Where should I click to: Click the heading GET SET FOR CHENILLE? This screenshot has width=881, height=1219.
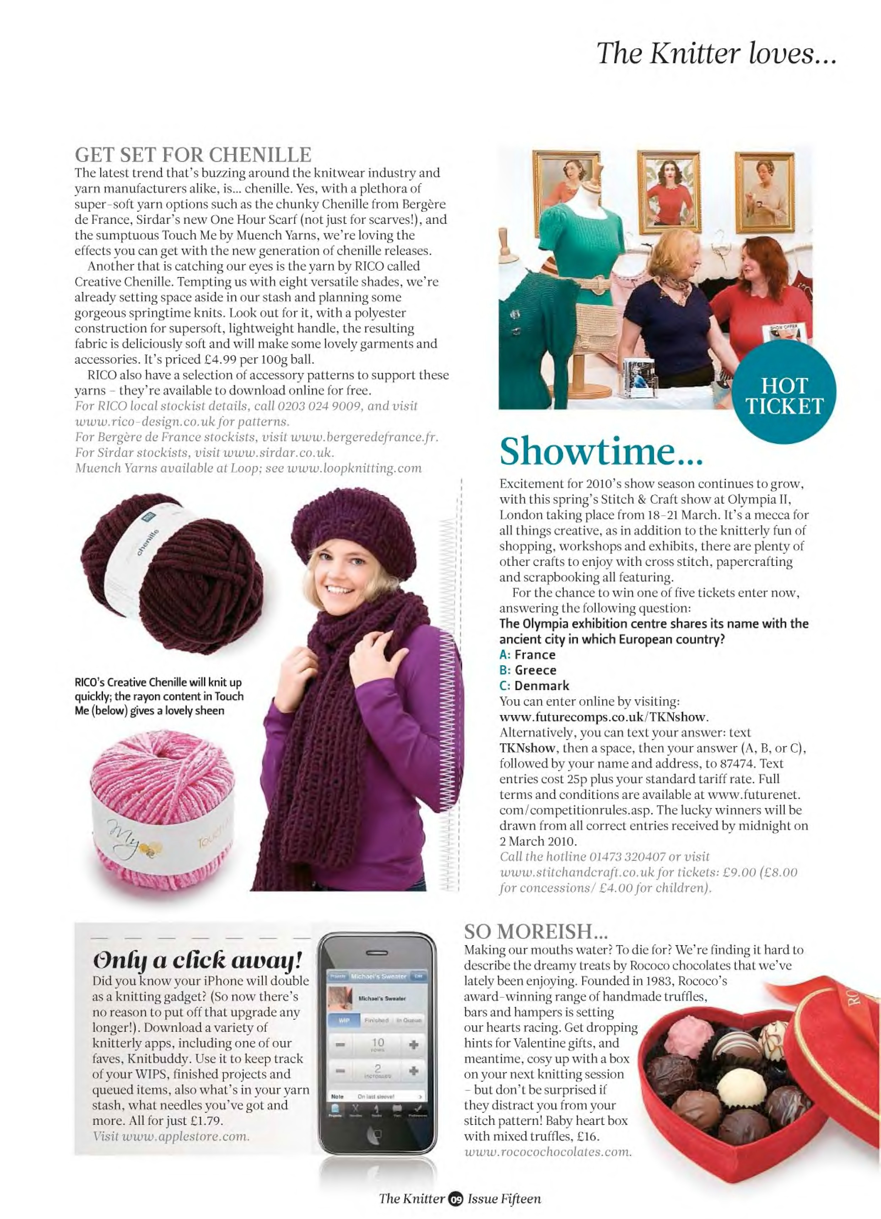[x=193, y=155]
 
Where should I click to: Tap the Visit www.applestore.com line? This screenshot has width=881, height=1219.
[x=171, y=1136]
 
